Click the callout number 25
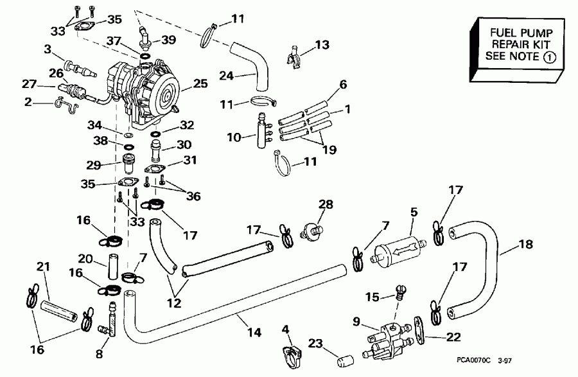tap(200, 83)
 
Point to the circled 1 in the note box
tap(550, 57)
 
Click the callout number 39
tap(168, 40)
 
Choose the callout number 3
tap(48, 49)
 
